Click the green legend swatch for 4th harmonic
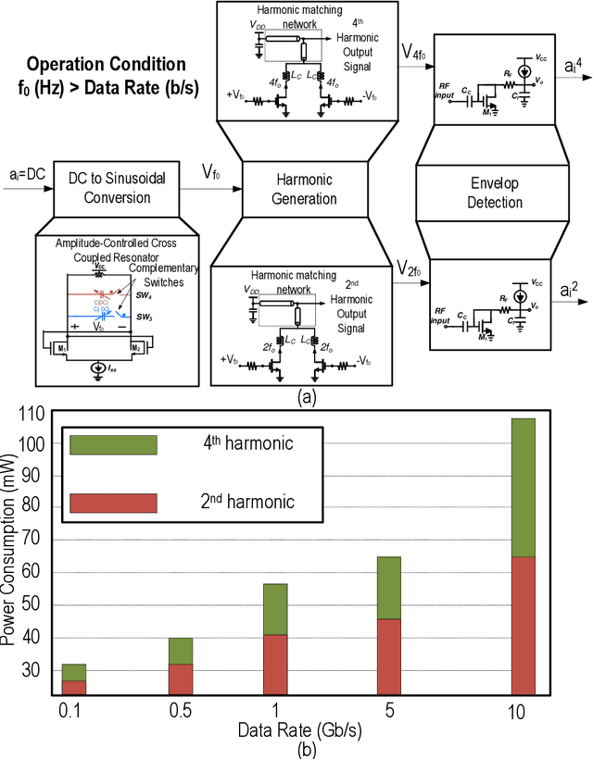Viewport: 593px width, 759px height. click(113, 444)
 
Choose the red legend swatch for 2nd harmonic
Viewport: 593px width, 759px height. click(113, 503)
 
